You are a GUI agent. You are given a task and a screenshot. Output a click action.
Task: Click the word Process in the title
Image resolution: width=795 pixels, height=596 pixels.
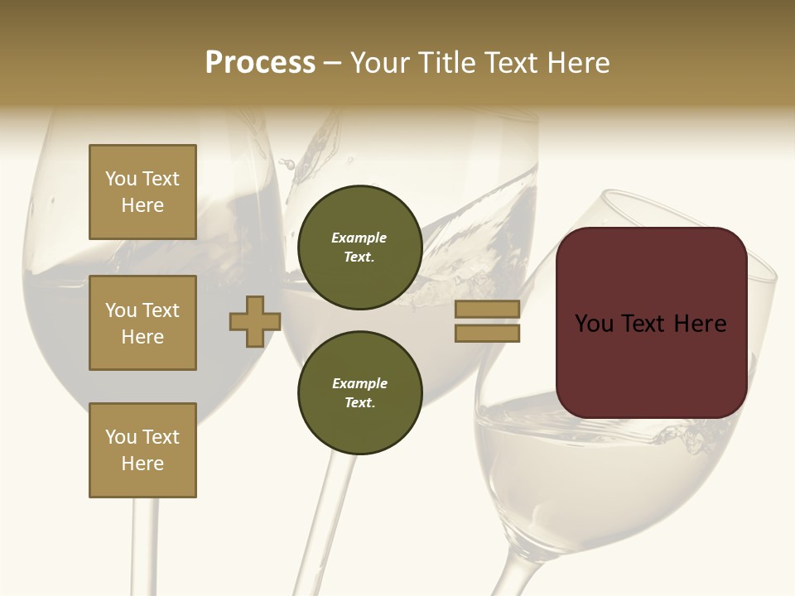click(260, 63)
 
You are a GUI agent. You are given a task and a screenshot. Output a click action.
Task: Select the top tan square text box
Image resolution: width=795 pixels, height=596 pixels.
click(142, 192)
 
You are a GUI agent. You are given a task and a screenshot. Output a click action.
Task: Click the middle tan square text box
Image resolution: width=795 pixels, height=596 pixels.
click(142, 323)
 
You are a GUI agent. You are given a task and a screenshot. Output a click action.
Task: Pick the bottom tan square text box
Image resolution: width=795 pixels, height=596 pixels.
click(142, 450)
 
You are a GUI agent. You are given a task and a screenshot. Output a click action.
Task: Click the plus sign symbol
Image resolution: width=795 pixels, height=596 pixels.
click(255, 321)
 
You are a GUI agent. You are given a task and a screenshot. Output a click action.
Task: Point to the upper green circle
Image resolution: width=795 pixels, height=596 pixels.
click(359, 248)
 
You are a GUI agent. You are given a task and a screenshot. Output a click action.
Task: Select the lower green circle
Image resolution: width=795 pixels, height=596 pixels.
click(359, 393)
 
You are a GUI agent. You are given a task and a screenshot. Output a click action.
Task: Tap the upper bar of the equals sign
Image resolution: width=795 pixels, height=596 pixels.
click(487, 309)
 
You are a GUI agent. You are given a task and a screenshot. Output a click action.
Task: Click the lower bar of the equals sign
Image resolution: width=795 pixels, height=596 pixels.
click(487, 333)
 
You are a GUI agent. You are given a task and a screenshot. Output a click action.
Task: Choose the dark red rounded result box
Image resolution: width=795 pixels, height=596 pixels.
click(651, 323)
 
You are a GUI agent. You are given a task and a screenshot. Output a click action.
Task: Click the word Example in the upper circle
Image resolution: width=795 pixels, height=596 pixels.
click(359, 238)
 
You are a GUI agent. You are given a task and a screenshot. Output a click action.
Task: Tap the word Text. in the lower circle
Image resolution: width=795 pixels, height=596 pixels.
click(359, 403)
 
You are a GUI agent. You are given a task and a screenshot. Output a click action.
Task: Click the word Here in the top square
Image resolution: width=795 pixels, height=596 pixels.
click(142, 205)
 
